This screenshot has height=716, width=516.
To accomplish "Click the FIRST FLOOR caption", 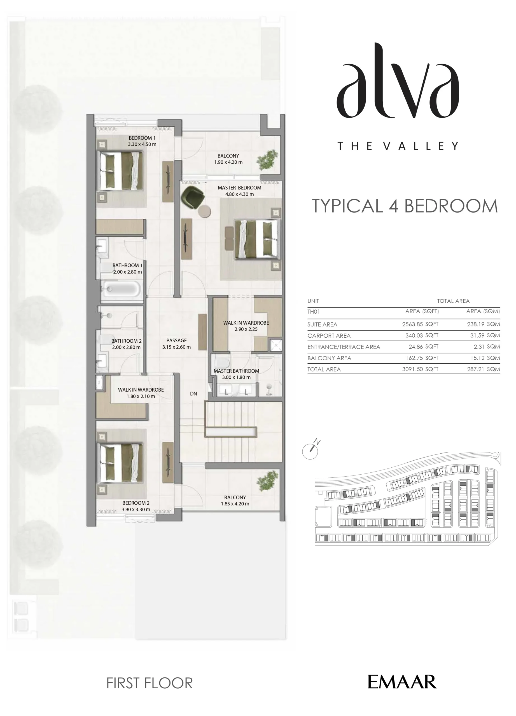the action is [x=150, y=683].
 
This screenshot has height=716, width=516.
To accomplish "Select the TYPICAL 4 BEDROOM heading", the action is [x=405, y=206].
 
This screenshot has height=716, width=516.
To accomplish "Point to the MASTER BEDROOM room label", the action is [x=239, y=187].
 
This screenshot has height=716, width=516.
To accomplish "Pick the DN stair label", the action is [x=193, y=394].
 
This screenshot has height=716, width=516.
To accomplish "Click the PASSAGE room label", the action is [x=176, y=340].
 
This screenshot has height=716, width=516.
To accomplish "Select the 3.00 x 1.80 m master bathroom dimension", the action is [x=236, y=377].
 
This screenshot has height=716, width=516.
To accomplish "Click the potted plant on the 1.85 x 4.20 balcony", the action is [x=267, y=481].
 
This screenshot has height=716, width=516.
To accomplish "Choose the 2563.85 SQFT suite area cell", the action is [x=420, y=324].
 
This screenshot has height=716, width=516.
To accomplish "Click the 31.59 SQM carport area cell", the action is [x=485, y=335].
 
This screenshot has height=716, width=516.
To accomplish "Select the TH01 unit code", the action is [x=314, y=312].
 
